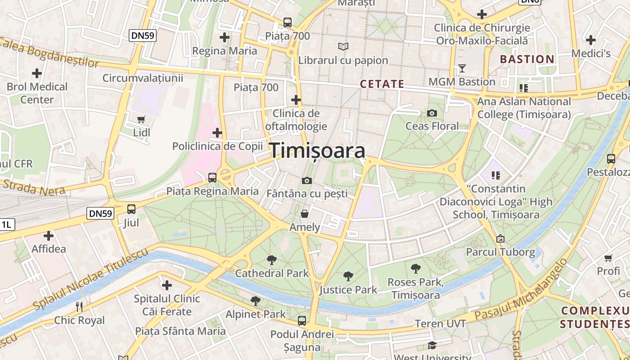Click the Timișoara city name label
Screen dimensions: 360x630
[x=317, y=151]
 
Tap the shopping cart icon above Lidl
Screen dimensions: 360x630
[x=141, y=119]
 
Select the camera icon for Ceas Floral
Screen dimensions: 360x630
[x=432, y=113]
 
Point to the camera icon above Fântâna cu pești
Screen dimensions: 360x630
[x=307, y=180]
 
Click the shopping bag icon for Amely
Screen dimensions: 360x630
[x=305, y=213]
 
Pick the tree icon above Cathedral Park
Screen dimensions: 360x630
[x=271, y=260]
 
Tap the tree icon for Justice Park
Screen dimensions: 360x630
[x=348, y=276]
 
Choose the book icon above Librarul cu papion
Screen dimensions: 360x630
[x=343, y=46]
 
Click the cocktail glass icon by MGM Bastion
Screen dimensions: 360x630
[x=462, y=68]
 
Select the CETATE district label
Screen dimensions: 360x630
[x=382, y=84]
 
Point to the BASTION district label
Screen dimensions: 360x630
[x=527, y=59]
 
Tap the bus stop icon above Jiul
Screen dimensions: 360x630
[x=131, y=209]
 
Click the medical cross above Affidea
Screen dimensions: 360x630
[x=48, y=235]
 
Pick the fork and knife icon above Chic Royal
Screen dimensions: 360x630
[x=79, y=307]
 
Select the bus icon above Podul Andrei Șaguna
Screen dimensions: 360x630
[x=301, y=321]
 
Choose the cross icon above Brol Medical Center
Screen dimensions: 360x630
[x=37, y=73]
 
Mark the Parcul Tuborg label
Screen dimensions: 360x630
[x=500, y=252]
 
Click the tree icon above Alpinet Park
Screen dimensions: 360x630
[x=256, y=301]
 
